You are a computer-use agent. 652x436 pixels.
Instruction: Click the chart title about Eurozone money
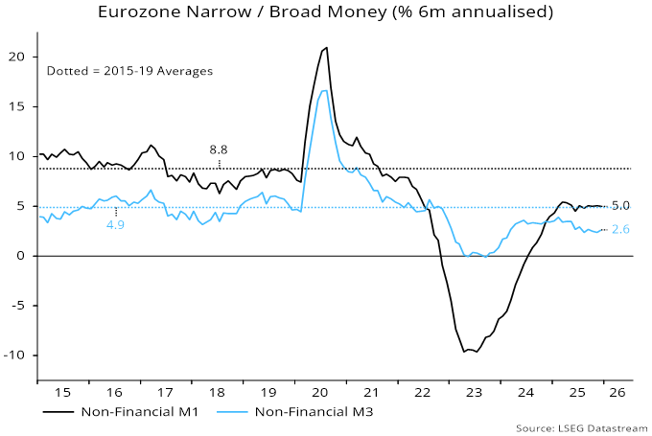click(326, 12)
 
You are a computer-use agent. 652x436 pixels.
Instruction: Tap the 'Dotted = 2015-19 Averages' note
click(129, 71)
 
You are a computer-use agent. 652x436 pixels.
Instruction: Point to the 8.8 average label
click(219, 149)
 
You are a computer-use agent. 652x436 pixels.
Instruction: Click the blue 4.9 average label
click(115, 225)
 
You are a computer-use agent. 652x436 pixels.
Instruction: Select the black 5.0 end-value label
click(620, 206)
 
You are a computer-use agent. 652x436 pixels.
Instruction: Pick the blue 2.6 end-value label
click(620, 230)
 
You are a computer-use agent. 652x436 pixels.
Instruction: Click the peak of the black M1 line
click(327, 48)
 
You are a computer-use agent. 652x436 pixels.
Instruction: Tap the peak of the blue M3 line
click(325, 90)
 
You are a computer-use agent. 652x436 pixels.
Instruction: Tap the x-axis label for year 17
click(164, 392)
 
